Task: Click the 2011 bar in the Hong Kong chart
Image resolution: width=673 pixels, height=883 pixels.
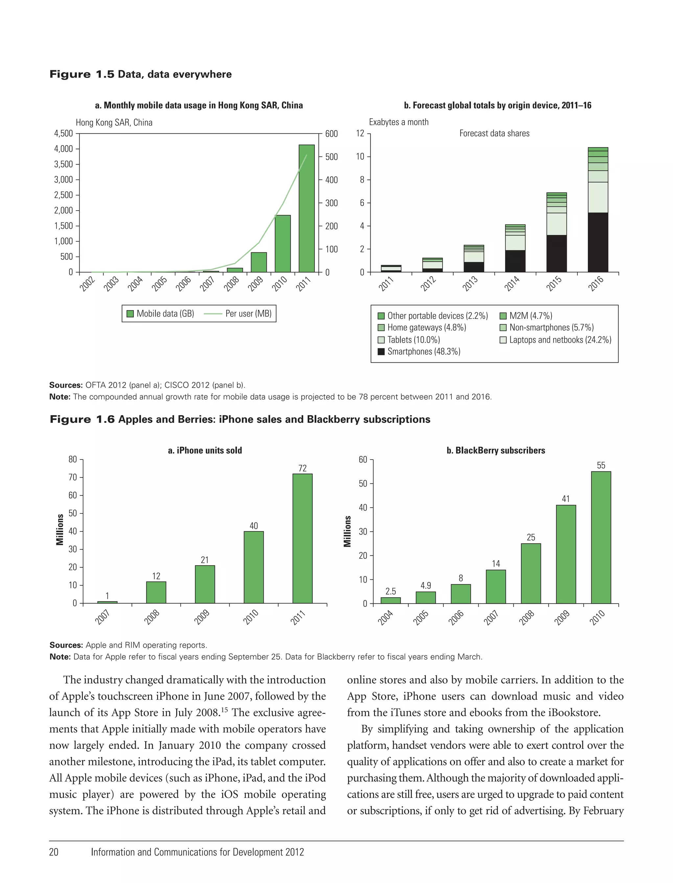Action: [307, 208]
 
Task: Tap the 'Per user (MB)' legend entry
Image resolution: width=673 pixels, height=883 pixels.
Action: [248, 314]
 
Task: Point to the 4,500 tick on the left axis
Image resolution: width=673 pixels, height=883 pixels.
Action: [64, 133]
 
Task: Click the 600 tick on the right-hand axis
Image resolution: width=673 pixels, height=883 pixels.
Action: [331, 134]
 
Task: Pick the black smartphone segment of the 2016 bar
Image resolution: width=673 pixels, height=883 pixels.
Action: [598, 242]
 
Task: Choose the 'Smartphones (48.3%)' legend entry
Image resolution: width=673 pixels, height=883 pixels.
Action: [424, 351]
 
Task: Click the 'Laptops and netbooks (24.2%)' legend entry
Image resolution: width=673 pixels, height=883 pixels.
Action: [560, 340]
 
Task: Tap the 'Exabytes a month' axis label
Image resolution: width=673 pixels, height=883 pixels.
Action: [399, 122]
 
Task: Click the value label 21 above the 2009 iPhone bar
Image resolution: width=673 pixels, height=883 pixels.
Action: [205, 560]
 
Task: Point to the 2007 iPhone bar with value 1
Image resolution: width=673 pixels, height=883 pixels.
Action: [107, 602]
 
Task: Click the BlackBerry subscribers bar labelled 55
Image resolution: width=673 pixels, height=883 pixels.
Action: [601, 537]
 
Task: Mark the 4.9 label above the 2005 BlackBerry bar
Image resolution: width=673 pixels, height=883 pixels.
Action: [426, 585]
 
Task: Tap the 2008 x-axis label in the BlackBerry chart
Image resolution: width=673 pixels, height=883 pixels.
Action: [526, 618]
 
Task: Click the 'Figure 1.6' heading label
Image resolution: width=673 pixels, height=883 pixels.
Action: [82, 419]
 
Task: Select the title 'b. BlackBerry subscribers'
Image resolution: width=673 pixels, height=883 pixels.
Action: [496, 450]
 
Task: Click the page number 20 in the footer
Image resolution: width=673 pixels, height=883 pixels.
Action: [54, 852]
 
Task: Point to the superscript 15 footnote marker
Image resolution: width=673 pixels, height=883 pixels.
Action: [224, 710]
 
